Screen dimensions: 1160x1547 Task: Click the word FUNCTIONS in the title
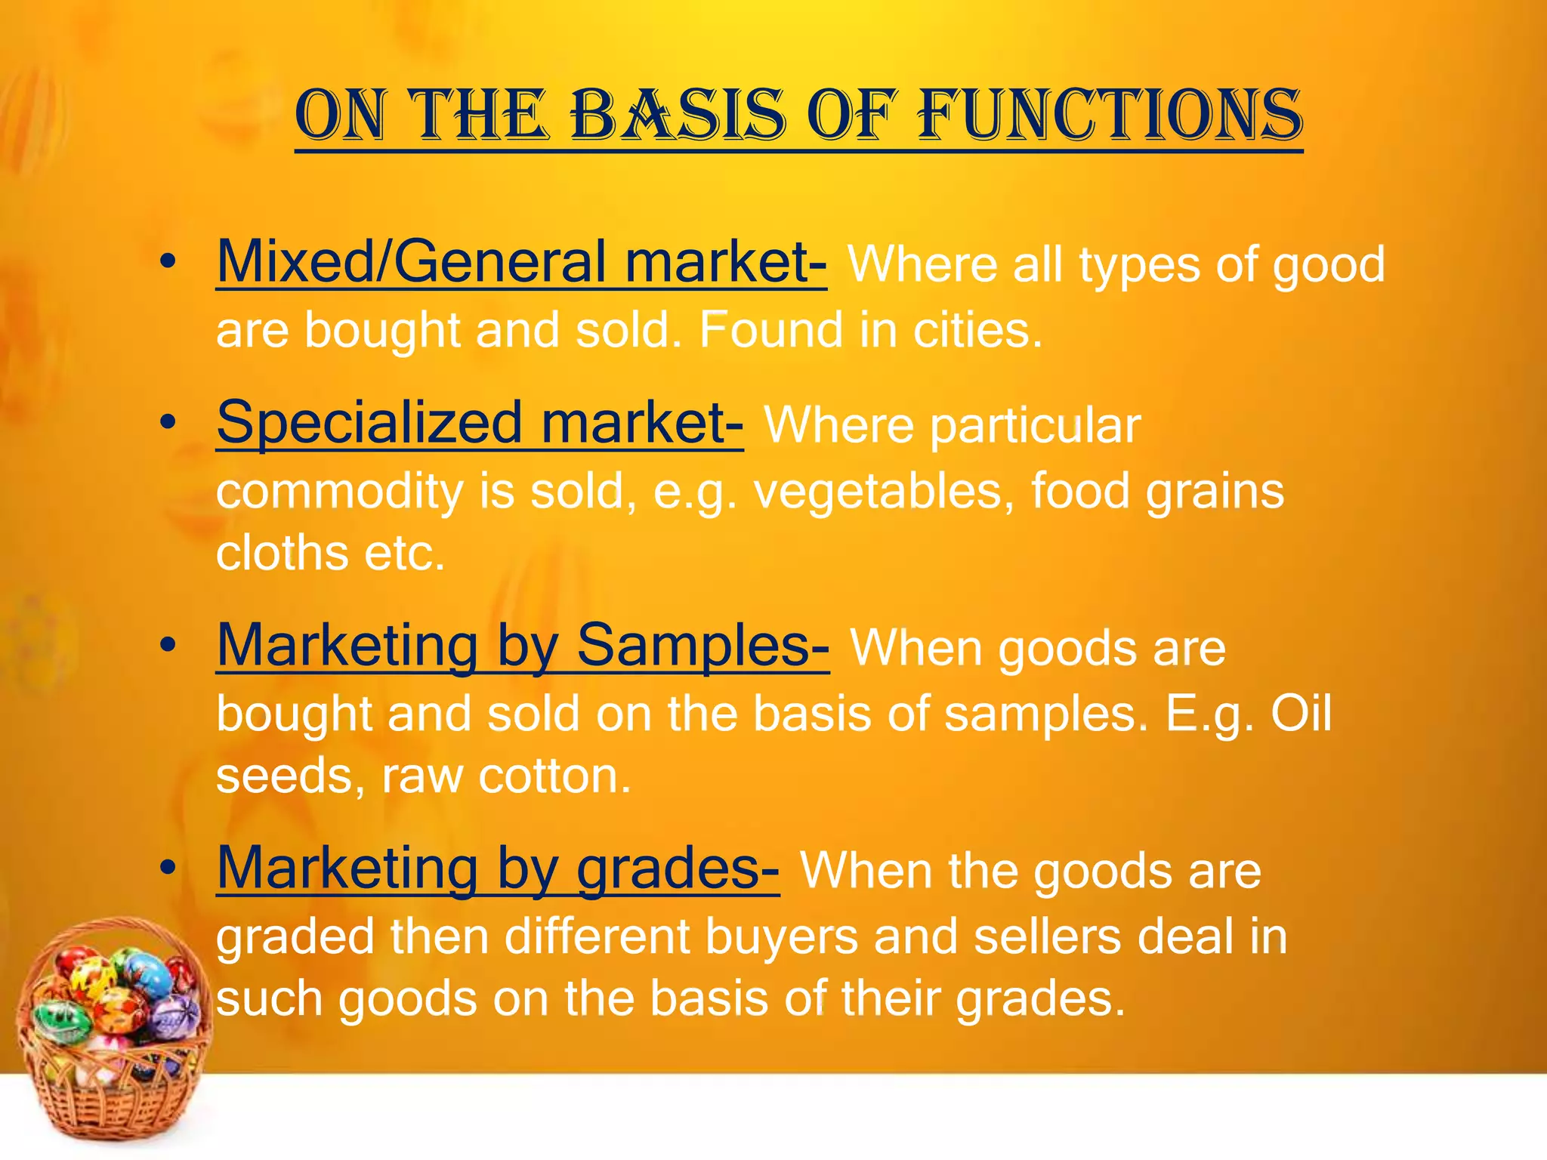[x=1110, y=115]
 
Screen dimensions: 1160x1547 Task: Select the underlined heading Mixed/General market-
[x=521, y=262]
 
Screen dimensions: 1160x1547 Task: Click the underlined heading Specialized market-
[x=480, y=422]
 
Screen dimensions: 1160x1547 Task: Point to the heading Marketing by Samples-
[x=523, y=646]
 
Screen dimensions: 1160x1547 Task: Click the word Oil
[x=1301, y=713]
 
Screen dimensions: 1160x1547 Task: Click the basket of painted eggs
[x=112, y=1035]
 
